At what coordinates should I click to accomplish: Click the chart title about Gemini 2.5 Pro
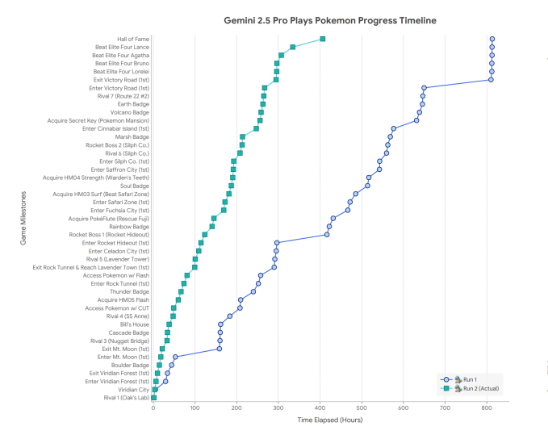point(329,20)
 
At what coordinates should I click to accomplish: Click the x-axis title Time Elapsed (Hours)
point(329,420)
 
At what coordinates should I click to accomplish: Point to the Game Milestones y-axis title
point(24,218)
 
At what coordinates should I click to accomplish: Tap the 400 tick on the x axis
point(320,408)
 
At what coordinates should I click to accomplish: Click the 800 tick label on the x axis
point(487,408)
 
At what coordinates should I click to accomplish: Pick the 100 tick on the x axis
point(195,408)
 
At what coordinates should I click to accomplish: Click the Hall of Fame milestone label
point(133,39)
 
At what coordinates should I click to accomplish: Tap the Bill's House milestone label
point(133,324)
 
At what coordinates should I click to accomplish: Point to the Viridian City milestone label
point(133,390)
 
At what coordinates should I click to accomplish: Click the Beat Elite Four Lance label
point(122,47)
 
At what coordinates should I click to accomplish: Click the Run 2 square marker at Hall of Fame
point(323,39)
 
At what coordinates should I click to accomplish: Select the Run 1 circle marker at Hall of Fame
point(492,39)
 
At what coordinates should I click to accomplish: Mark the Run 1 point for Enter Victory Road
point(424,88)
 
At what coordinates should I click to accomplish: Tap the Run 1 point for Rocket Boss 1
point(327,235)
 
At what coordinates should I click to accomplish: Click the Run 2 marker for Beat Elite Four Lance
point(293,47)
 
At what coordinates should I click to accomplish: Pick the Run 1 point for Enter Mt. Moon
point(175,357)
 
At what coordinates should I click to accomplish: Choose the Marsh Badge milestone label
point(132,137)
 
